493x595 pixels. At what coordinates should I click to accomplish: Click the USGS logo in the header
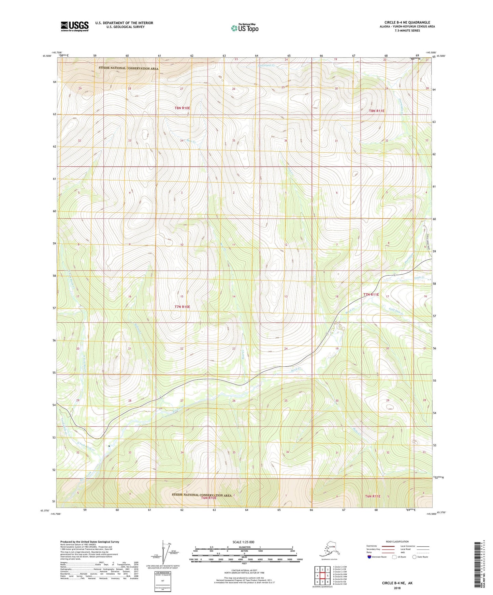74,26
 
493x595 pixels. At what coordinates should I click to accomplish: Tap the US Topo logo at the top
244,28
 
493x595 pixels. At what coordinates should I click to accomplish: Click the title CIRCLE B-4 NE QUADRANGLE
407,22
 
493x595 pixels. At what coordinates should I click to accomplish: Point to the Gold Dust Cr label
396,311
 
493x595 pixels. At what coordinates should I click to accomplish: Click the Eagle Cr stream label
419,278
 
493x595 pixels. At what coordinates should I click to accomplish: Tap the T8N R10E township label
182,108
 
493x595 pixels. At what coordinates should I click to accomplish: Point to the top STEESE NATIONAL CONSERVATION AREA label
129,68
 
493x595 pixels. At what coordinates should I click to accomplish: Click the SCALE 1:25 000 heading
243,542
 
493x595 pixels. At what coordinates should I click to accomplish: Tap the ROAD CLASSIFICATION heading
397,541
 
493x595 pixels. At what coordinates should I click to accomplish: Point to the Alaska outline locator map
329,549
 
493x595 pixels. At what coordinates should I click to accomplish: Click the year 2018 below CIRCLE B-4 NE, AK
397,588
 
